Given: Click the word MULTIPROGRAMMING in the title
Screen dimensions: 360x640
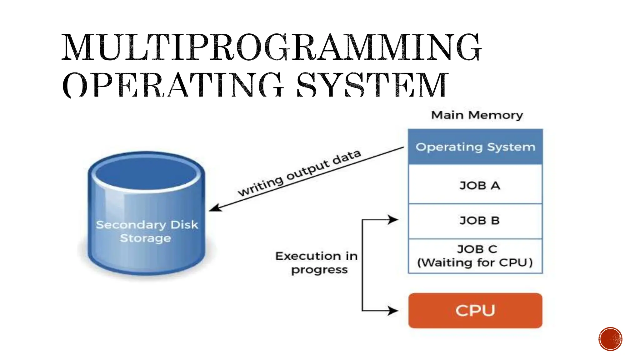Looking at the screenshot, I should (271, 47).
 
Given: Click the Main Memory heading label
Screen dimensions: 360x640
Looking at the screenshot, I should (477, 115).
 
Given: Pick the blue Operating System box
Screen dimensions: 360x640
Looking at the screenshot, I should (475, 147).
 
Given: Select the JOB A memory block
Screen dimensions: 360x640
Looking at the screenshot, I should (475, 185).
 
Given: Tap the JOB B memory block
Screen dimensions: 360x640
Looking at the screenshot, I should (475, 221).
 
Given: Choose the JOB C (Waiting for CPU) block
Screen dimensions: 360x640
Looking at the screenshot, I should (475, 256).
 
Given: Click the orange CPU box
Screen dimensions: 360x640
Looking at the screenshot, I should (475, 311).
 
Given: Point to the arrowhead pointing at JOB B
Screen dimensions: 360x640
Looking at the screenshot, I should (393, 220).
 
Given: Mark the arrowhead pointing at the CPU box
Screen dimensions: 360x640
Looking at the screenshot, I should (393, 311).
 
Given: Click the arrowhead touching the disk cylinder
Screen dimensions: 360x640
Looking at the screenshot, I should (215, 208).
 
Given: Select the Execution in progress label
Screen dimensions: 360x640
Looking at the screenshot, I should (317, 263).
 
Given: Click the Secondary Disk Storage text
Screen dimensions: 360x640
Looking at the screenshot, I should (147, 231).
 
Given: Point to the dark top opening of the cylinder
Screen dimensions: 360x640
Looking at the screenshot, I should (146, 173).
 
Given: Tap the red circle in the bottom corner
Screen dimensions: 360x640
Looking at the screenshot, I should (610, 339).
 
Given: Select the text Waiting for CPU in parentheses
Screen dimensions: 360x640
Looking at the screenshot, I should (475, 263).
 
